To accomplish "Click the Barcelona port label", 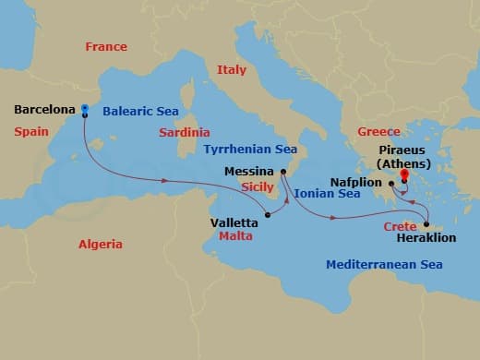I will (x=43, y=110).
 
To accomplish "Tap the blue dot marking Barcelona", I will (x=84, y=109).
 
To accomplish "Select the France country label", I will (x=105, y=46).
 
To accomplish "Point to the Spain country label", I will (x=31, y=132).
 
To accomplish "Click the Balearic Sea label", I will (x=140, y=111).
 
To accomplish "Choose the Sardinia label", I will (x=185, y=132).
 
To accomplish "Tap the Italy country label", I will (x=232, y=69).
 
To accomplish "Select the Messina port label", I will (x=249, y=171).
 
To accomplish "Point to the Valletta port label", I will (x=234, y=222).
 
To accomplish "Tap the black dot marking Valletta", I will (x=268, y=216).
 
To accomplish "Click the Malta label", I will (x=237, y=235).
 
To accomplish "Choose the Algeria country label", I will (x=101, y=244).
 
